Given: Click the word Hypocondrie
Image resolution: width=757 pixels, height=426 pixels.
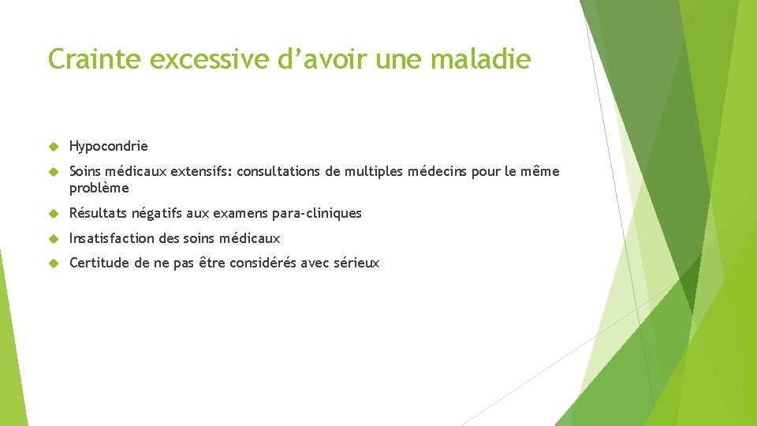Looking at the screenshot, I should [109, 147].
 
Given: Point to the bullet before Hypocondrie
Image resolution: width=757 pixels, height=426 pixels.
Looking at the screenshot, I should [54, 147].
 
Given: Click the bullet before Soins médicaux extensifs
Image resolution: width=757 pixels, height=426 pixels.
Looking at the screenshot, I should [54, 171].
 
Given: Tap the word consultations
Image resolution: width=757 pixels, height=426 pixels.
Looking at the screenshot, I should [278, 171].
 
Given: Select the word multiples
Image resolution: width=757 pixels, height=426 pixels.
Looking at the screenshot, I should [371, 171].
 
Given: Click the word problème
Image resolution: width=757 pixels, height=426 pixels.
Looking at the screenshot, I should [99, 189].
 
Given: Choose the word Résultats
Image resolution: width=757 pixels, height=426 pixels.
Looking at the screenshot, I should [98, 213].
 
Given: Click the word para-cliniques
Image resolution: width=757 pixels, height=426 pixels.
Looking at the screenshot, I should [319, 213].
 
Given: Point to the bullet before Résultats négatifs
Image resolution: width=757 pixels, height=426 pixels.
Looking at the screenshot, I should [54, 213].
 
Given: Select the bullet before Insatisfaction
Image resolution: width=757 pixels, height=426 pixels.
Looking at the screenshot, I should [54, 238].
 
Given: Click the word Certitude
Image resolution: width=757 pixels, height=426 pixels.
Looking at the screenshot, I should [99, 263].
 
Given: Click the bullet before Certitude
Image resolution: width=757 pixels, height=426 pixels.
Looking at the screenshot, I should [54, 263].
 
